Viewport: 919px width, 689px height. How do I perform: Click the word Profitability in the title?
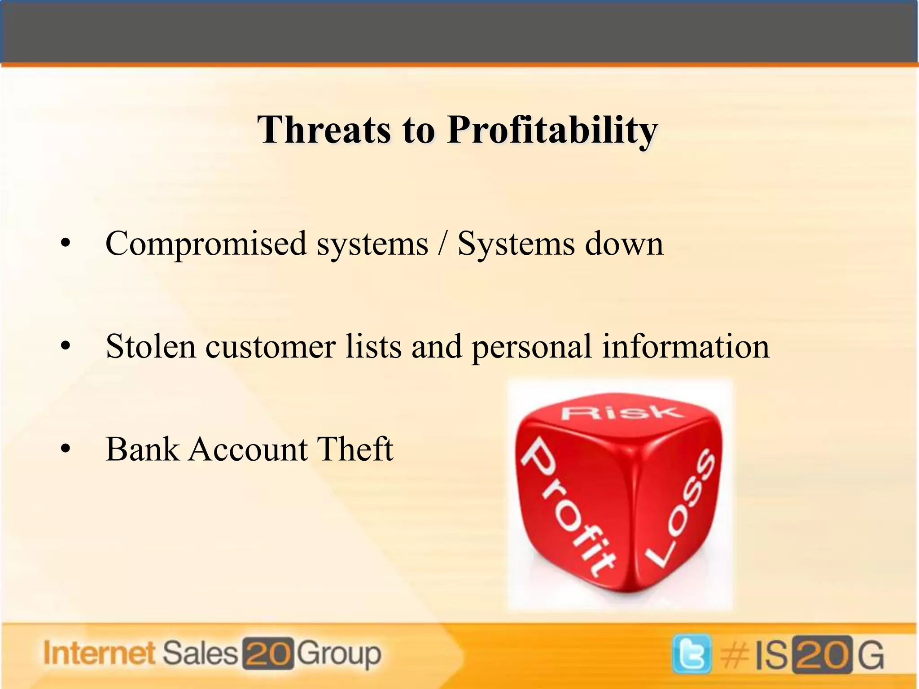coord(552,131)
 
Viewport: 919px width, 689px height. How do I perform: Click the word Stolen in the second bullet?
coord(151,347)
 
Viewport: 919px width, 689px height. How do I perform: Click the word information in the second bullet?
coord(686,347)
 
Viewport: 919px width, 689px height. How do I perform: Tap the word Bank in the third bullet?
coord(142,449)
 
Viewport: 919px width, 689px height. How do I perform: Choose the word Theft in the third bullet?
coord(355,449)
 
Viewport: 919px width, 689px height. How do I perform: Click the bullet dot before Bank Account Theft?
coord(66,449)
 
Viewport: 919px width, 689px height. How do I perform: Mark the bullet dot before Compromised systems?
coord(66,244)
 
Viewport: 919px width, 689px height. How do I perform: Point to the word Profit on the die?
coord(568,507)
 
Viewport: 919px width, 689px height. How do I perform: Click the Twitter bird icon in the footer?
coord(691,654)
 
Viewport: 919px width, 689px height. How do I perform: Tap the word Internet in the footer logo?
coord(99,653)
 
